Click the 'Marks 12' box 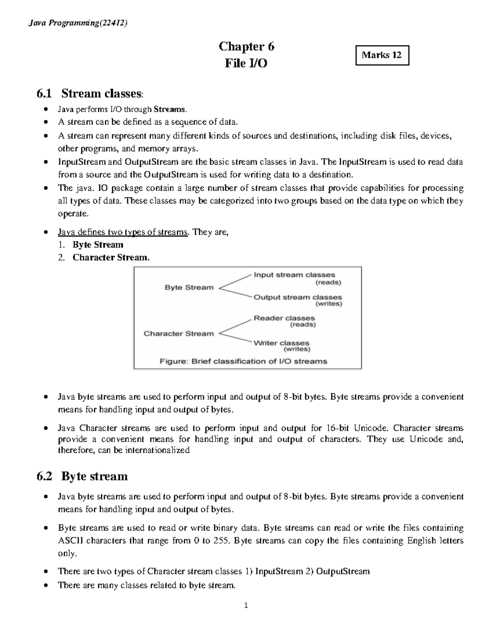382,55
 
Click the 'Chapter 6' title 246,46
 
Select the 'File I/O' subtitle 246,63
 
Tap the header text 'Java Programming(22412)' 78,23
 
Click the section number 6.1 44,94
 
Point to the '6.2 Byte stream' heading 82,476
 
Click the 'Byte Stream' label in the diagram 189,288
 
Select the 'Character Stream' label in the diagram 179,334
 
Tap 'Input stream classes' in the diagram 294,275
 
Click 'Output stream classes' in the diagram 297,297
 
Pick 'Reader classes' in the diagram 284,318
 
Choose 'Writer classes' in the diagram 281,343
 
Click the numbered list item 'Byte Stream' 98,245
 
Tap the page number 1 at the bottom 246,606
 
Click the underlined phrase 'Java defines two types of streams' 122,232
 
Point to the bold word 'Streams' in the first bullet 170,109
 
